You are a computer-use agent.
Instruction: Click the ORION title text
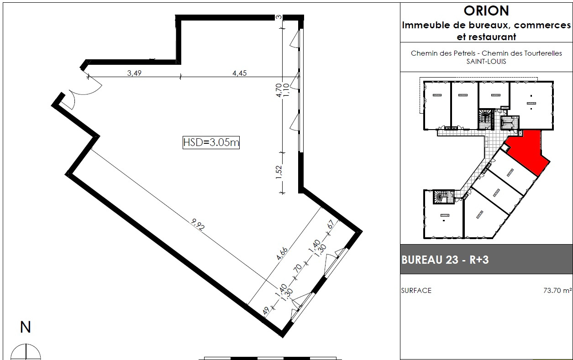(x=486, y=11)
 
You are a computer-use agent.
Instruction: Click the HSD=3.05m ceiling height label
(x=211, y=142)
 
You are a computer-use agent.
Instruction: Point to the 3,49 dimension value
(x=134, y=73)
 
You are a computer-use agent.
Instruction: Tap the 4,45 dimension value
(x=239, y=73)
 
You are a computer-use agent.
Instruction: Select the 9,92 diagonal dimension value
(x=198, y=224)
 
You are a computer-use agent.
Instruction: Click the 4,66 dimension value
(x=282, y=254)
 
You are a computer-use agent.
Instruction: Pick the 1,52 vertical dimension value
(x=279, y=172)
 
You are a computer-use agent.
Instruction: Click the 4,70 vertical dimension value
(x=279, y=90)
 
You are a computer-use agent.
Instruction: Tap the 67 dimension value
(x=331, y=224)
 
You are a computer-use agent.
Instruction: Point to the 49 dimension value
(x=266, y=311)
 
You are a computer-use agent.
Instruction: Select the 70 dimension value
(x=298, y=268)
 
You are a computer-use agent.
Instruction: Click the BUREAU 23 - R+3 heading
(x=445, y=260)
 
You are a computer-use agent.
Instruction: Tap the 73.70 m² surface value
(x=557, y=291)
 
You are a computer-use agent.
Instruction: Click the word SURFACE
(x=416, y=291)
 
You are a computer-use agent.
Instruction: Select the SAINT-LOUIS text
(x=486, y=62)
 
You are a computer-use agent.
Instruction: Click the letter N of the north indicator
(x=25, y=327)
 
